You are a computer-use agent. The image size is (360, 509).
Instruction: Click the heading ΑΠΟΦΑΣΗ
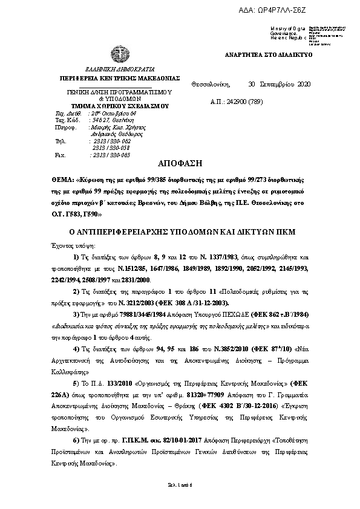click(x=180, y=164)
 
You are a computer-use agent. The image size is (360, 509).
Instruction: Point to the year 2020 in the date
click(x=303, y=84)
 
